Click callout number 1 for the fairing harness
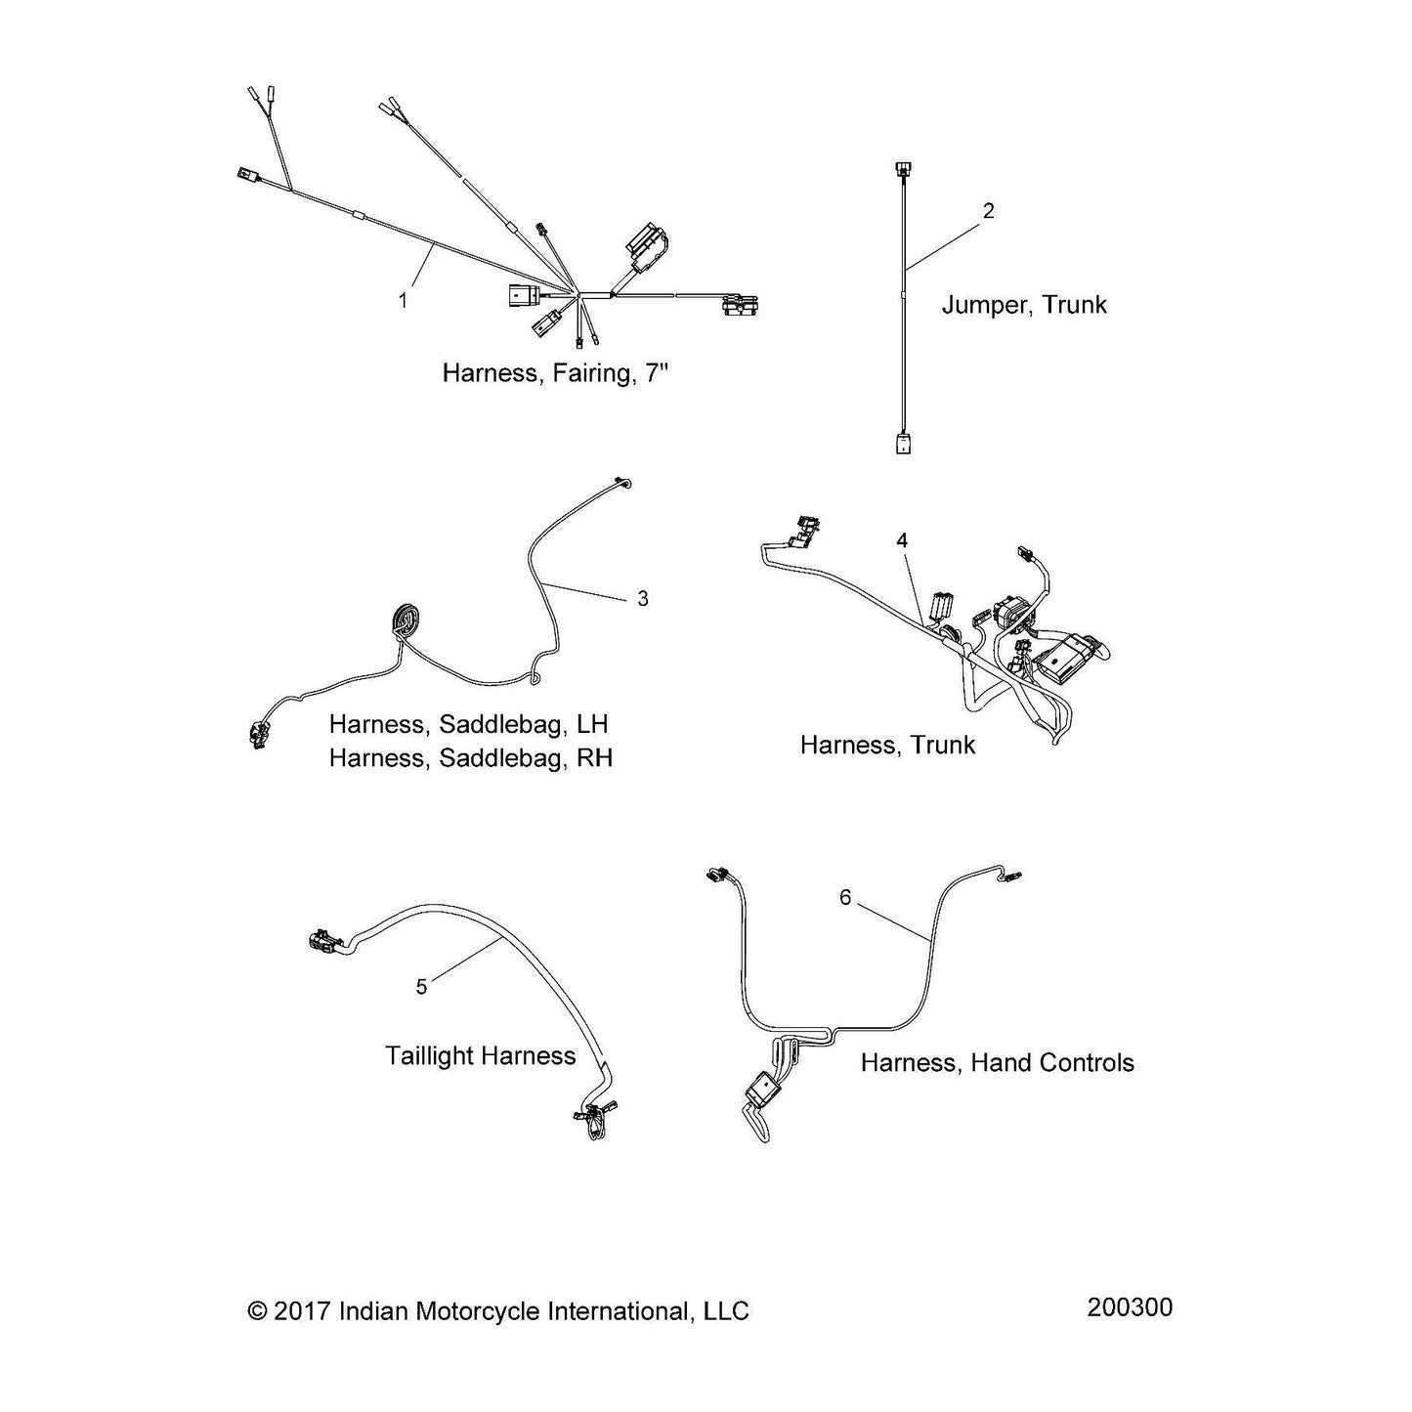403,301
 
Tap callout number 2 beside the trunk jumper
989,211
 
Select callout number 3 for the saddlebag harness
643,598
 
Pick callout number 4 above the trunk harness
902,540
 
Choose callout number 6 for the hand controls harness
846,897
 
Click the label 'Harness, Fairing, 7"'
555,372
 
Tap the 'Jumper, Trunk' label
1024,305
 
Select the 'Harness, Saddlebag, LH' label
468,724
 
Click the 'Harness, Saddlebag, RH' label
470,757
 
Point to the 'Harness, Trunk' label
887,745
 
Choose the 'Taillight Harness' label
480,1055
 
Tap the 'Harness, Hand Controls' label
997,1062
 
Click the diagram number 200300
1130,1307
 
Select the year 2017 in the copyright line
304,1311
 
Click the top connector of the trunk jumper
901,170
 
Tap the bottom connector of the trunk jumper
901,443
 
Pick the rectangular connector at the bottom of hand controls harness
761,1088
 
